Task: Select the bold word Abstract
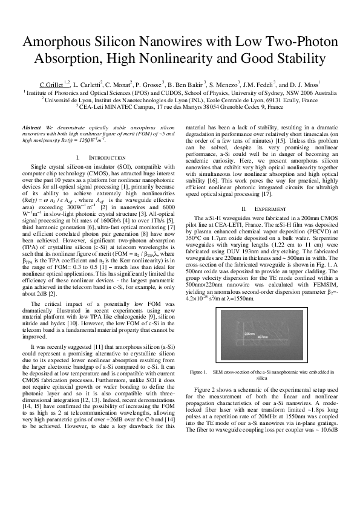[x=31, y=129]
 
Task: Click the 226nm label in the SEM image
[x=249, y=332]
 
